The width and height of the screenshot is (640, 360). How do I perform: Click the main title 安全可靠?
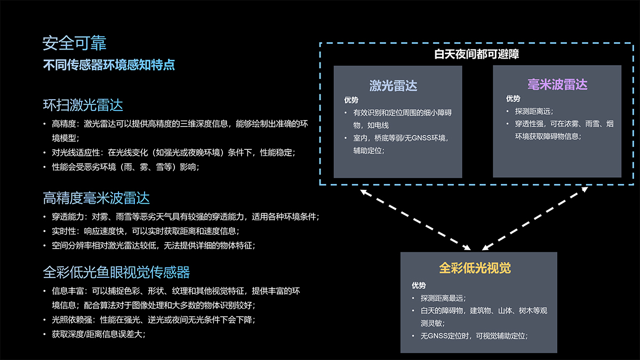coord(74,43)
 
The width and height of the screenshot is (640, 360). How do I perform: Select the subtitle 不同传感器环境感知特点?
coord(109,65)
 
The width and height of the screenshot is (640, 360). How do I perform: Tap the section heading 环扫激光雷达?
coord(83,105)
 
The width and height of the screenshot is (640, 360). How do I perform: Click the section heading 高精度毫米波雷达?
coord(97,198)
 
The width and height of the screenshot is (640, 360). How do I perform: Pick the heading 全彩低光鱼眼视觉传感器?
coord(116,272)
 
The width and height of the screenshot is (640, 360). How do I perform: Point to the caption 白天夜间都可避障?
coord(476,54)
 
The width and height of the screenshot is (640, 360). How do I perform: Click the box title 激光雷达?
coord(393,86)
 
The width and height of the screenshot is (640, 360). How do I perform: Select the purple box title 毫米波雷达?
coord(557,85)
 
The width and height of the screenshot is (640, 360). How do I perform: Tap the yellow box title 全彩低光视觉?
coord(475,268)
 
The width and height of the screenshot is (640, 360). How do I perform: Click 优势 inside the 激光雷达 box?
coord(351,100)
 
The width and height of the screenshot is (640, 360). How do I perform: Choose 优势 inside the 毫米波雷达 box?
coord(513,99)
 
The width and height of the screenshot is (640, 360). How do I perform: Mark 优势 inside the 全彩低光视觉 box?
coord(419,285)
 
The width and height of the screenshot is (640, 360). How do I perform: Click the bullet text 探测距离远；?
coord(534,111)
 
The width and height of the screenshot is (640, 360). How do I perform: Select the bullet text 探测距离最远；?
coord(443,298)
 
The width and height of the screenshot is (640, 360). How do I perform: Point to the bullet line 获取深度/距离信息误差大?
coord(99,334)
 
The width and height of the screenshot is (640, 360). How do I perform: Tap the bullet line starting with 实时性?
coord(146,231)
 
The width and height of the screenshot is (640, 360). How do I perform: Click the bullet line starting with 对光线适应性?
coord(173,153)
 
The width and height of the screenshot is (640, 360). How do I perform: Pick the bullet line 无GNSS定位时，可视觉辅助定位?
coord(474,335)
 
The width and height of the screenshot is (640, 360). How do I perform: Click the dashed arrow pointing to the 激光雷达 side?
coord(415,220)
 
